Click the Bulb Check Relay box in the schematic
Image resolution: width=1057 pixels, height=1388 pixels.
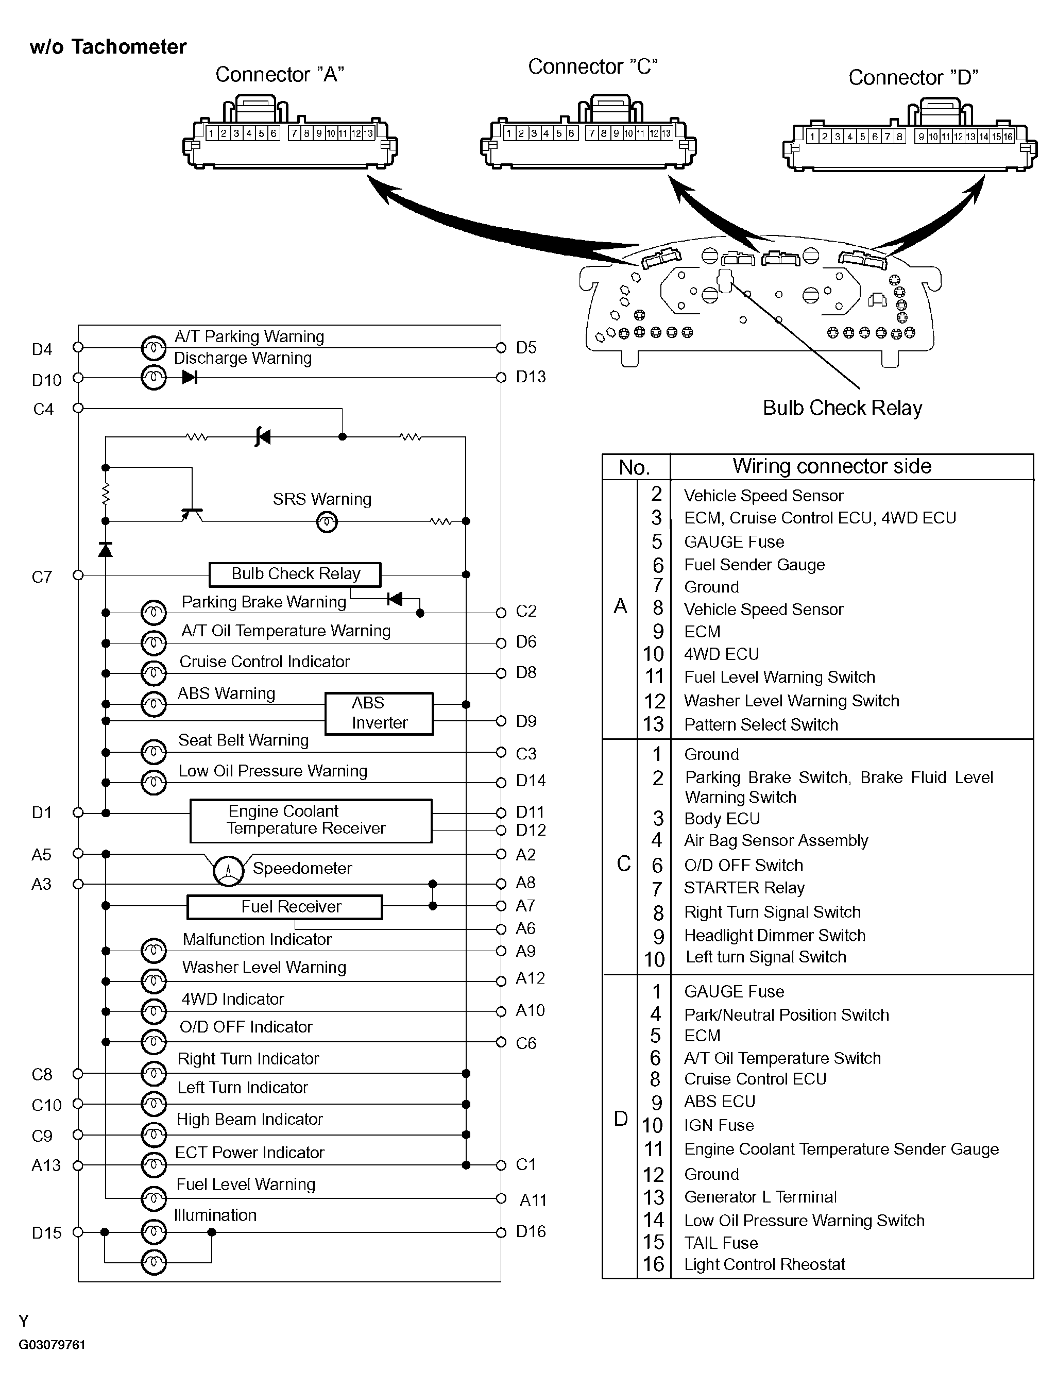(295, 574)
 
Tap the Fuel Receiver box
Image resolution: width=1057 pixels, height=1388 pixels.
(284, 907)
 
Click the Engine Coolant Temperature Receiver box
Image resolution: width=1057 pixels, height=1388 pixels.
(311, 820)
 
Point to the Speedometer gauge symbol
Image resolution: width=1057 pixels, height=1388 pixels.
(228, 871)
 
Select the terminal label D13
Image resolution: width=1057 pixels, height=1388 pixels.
(531, 377)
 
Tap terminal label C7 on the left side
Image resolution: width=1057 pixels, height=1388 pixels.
(42, 577)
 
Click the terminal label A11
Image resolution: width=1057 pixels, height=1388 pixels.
(533, 1200)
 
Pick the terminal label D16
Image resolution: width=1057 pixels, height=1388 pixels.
(531, 1231)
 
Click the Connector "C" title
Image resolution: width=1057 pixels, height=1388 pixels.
(593, 66)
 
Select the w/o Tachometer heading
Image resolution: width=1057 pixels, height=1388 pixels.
(108, 46)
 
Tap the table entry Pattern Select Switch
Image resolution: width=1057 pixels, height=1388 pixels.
(761, 725)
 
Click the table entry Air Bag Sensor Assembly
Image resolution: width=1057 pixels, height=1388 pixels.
(776, 841)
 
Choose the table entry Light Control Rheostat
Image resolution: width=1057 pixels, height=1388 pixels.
(764, 1265)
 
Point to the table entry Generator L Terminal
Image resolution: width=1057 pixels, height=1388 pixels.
(760, 1197)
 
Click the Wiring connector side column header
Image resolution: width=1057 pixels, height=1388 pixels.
(832, 466)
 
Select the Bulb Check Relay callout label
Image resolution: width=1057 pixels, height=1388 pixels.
(842, 408)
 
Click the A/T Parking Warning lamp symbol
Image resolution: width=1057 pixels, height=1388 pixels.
(154, 347)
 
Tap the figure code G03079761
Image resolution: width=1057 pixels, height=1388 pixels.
(52, 1345)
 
